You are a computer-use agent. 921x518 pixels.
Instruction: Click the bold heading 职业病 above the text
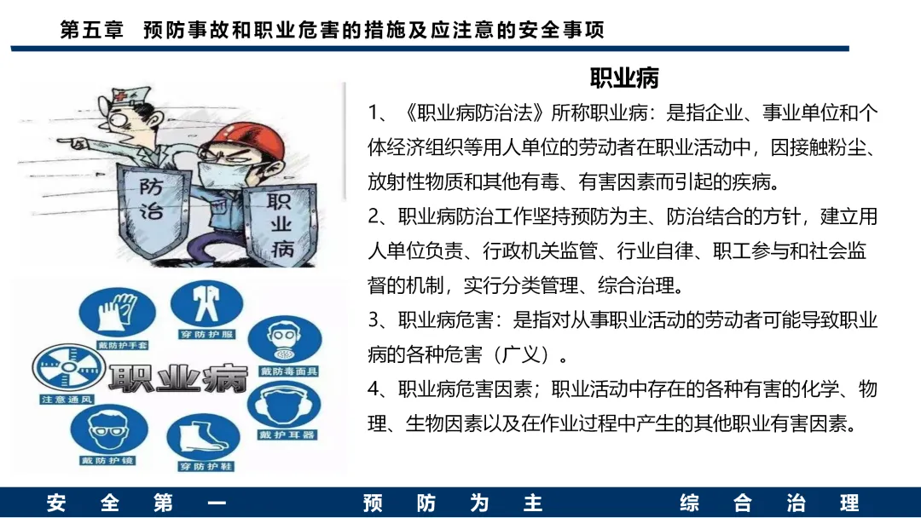coord(623,78)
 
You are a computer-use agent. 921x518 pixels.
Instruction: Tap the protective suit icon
coord(206,304)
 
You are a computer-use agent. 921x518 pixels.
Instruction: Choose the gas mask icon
coord(285,340)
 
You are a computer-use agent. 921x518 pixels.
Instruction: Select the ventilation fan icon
coord(69,368)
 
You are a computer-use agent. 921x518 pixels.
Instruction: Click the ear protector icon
coord(284,406)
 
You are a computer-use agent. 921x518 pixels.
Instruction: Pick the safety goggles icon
coord(108,430)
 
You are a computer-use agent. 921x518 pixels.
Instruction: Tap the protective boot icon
coord(203,437)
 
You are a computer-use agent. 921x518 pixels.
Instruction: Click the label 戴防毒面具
coord(288,371)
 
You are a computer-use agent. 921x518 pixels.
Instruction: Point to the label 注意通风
coord(67,400)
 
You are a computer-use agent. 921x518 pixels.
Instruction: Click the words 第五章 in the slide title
coord(91,29)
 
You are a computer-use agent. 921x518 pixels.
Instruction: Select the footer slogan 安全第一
coord(136,504)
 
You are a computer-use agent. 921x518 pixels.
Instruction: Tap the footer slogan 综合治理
coord(769,504)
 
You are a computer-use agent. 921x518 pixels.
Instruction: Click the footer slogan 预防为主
coord(452,504)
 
